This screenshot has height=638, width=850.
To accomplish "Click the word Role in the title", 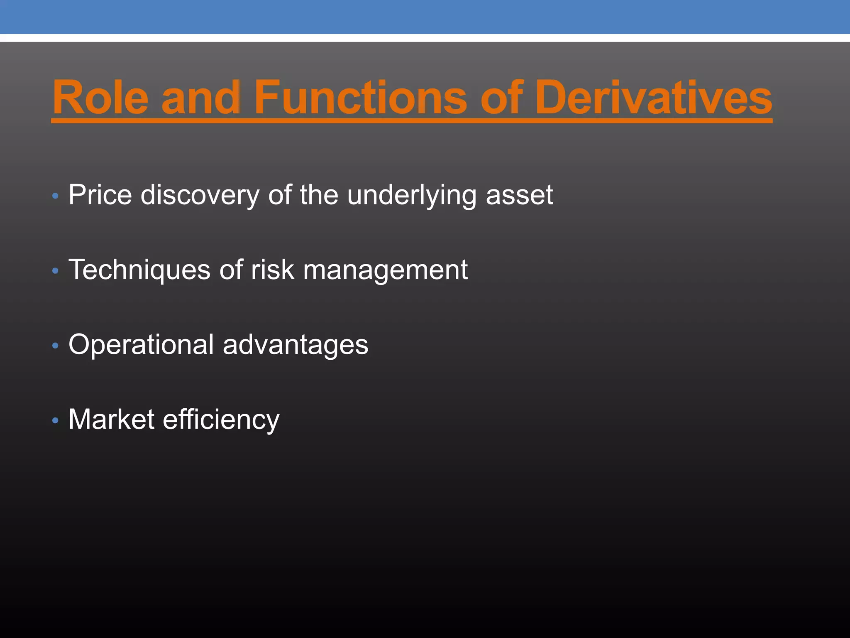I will (x=100, y=98).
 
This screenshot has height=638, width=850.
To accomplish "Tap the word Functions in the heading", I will (x=360, y=98).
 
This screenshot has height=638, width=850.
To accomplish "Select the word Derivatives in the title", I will (x=653, y=98).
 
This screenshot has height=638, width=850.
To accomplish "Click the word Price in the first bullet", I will (x=100, y=195).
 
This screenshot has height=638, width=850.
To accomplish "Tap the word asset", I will (x=519, y=196).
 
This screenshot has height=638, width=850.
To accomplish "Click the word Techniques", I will (x=139, y=270).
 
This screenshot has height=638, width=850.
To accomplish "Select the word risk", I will (x=273, y=270).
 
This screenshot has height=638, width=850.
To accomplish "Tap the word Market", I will (x=112, y=419).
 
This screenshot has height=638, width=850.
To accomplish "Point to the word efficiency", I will (x=221, y=420).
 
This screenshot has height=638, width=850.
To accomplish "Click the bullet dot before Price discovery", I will (x=56, y=196).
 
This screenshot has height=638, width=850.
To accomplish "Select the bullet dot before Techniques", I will (x=56, y=271).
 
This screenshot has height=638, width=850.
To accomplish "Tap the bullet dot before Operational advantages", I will (x=56, y=346).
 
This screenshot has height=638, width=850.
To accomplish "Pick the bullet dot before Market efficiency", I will (x=56, y=421).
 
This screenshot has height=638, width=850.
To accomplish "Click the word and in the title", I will (x=201, y=98).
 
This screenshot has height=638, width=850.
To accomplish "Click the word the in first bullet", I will (x=319, y=195).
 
